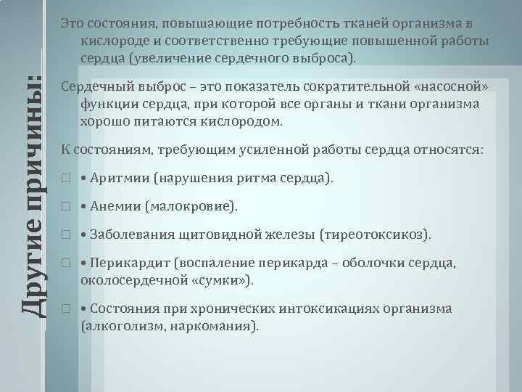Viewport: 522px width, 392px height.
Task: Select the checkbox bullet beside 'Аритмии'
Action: click(x=66, y=179)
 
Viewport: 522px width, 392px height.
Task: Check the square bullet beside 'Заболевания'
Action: click(x=66, y=235)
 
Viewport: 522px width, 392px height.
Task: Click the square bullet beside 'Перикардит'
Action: click(x=66, y=264)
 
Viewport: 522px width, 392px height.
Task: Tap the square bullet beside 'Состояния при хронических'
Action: click(x=66, y=309)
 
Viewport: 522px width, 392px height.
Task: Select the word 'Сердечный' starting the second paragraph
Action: click(x=93, y=87)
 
